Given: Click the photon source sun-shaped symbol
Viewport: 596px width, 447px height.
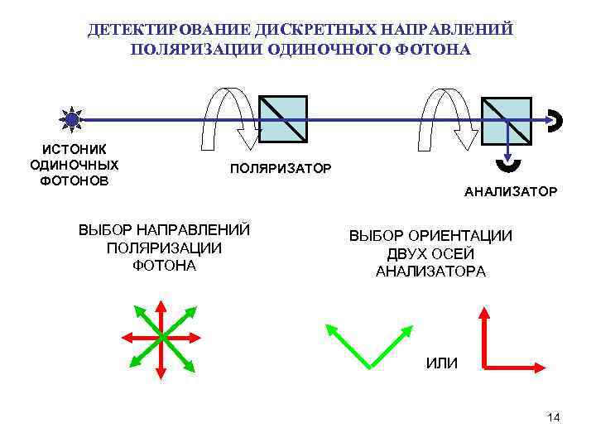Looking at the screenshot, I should (x=73, y=119).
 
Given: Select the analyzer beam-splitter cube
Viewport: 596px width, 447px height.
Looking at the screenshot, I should (x=507, y=119).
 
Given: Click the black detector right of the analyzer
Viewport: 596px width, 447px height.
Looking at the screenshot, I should (x=556, y=120).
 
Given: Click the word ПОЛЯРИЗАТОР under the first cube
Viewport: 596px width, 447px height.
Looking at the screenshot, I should (x=281, y=169).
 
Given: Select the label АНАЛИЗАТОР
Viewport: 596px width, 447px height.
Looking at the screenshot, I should (x=511, y=192).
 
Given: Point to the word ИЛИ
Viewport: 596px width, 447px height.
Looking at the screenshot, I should (x=440, y=363).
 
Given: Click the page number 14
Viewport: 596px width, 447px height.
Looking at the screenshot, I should (x=553, y=417).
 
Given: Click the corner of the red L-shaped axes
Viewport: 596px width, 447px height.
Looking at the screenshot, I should (x=483, y=364).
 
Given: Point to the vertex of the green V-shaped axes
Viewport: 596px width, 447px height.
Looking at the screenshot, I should (x=368, y=365).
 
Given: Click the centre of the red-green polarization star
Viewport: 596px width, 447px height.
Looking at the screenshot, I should (x=161, y=337).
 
